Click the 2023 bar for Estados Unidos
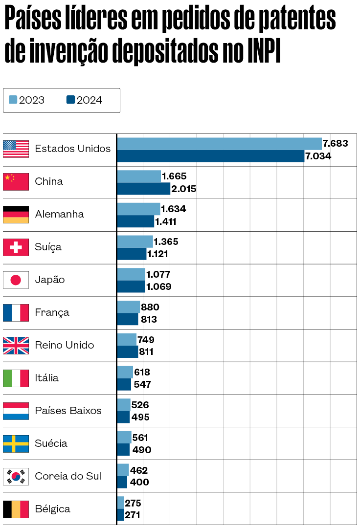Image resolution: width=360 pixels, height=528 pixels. tap(219, 144)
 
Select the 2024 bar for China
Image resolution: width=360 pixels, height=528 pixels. tap(143, 189)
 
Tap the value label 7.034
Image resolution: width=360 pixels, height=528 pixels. tap(318, 156)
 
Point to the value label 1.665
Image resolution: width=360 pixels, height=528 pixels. tap(174, 176)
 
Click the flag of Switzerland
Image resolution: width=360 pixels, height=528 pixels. tap(16, 247)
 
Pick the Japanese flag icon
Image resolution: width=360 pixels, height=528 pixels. tap(16, 280)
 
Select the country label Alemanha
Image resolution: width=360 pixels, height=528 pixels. tap(59, 214)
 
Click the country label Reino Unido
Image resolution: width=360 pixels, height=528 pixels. tap(64, 345)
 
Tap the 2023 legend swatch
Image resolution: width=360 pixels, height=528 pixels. tap(13, 100)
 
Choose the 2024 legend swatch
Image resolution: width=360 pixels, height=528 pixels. tap(71, 100)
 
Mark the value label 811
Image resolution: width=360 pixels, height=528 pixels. tap(146, 352)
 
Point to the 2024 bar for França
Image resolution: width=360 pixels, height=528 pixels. tap(128, 319)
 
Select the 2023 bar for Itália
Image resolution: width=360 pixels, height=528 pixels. tap(125, 372)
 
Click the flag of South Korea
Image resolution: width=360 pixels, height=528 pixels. tap(16, 476)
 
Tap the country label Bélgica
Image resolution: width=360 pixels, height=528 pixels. tap(52, 509)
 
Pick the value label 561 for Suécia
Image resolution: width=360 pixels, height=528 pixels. tap(140, 438)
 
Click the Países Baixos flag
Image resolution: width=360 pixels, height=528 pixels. tap(16, 411)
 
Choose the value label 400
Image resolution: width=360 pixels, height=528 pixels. tap(139, 483)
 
